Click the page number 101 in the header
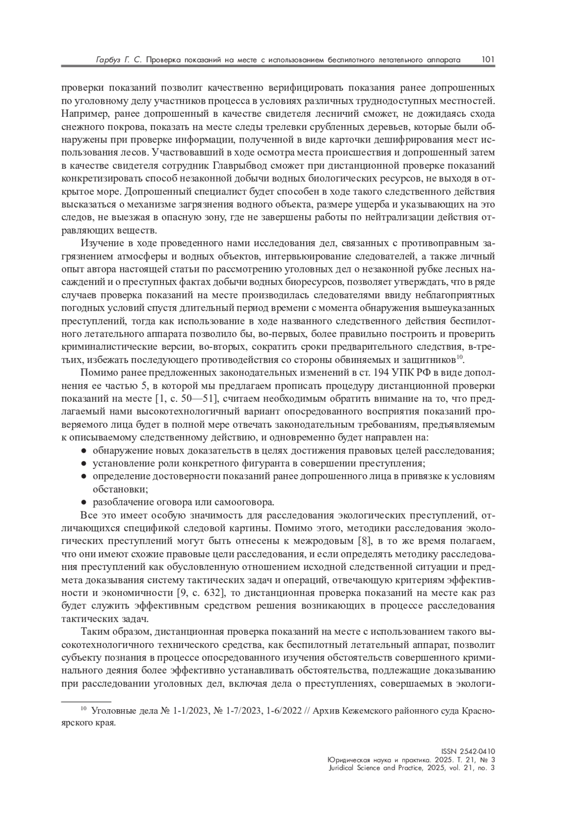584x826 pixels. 488,60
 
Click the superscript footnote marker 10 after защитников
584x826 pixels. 459,358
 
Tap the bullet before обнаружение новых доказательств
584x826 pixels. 84,450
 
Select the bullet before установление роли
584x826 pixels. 84,463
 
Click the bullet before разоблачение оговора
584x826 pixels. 84,502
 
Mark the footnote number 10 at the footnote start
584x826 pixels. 83,708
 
